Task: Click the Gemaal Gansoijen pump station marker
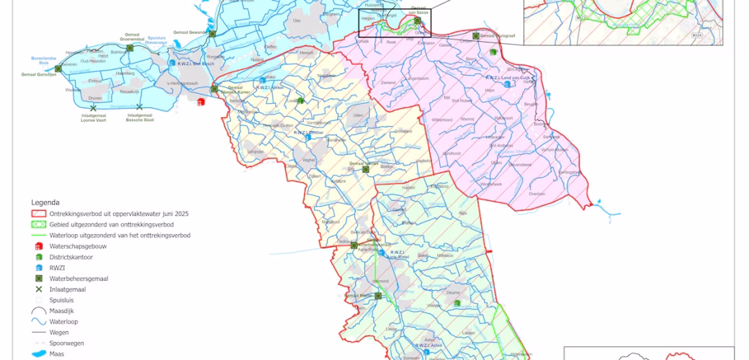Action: (57, 68)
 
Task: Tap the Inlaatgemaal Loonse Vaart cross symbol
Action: (93, 107)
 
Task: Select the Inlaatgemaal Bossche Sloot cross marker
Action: (139, 107)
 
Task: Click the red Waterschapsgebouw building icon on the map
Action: (200, 102)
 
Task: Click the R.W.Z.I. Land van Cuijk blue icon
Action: (508, 84)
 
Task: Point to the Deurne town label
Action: (452, 292)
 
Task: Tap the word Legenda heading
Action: (45, 203)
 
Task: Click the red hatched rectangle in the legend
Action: (38, 214)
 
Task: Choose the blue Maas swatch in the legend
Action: (38, 354)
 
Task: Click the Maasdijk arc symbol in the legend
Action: (38, 311)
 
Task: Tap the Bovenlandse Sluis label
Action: (43, 59)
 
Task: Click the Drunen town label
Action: (95, 98)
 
